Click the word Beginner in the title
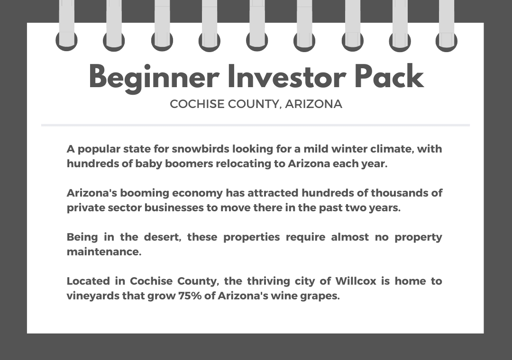click(x=154, y=77)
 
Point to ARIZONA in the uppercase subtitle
click(x=313, y=104)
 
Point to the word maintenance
click(x=104, y=252)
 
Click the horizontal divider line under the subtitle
click(x=256, y=125)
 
